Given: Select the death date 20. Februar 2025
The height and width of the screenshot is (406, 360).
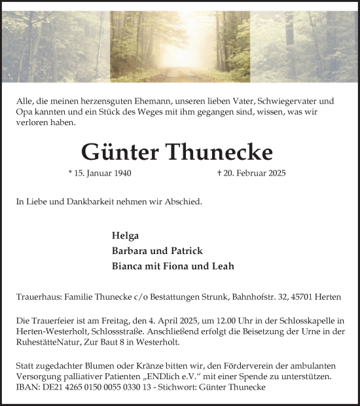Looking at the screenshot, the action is (254, 174).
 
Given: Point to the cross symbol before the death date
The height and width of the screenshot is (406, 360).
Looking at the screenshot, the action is (219, 174).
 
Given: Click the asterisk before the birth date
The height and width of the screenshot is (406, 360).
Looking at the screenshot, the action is (70, 173).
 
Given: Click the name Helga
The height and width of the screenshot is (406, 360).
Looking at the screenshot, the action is (126, 236).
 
